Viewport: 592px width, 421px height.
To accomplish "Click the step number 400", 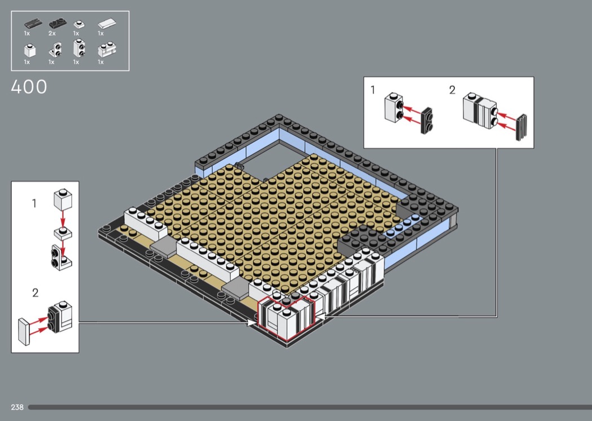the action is [x=29, y=87].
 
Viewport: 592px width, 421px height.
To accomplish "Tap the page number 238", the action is [x=17, y=407].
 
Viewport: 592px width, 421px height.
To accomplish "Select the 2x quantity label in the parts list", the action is [x=52, y=33].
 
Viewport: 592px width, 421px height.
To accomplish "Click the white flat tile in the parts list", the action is [x=107, y=24].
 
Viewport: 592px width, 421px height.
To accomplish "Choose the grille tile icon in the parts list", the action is [x=33, y=24].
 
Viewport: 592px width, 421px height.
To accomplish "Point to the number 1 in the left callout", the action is [x=34, y=203].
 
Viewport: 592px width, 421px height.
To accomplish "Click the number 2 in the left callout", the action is [x=35, y=292].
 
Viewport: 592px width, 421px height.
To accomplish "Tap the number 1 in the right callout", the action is [x=373, y=90].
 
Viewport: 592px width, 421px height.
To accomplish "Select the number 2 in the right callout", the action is [x=452, y=90].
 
